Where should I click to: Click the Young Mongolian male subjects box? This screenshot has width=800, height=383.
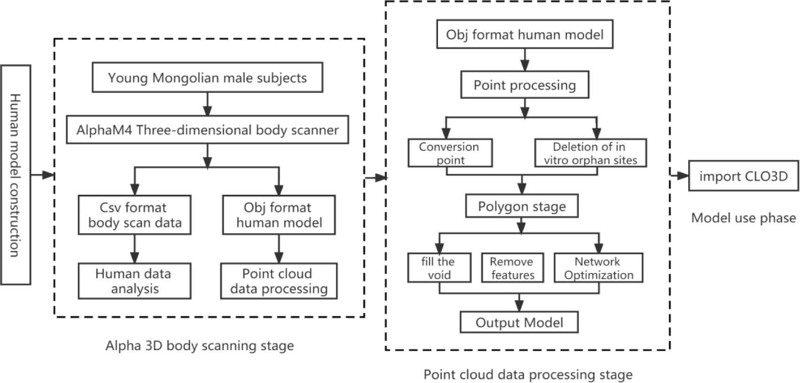207,77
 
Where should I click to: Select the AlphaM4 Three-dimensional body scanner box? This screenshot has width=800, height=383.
207,130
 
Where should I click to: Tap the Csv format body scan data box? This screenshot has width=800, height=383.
134,215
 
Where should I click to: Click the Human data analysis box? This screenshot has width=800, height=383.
134,281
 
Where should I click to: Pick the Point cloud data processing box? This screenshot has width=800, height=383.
278,281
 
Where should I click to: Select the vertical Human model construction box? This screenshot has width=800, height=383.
15,175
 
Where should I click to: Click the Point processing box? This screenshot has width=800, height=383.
524,85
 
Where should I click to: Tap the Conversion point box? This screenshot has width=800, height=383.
450,153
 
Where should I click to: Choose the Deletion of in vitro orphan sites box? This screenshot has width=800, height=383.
590,153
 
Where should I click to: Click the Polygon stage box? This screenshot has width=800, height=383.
522,207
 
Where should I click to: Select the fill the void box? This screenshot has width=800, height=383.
439,268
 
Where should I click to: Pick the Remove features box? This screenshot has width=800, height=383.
512,268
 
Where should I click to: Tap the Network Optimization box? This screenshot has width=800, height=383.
598,268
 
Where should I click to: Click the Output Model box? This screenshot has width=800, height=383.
519,322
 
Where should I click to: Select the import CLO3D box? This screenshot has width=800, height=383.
743,176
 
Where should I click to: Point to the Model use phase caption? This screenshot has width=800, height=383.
743,218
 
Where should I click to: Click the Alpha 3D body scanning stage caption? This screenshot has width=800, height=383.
200,346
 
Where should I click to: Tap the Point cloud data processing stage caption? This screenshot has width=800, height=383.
528,375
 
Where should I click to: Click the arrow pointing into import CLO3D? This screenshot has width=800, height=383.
679,176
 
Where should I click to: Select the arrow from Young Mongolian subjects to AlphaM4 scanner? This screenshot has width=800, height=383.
207,104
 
